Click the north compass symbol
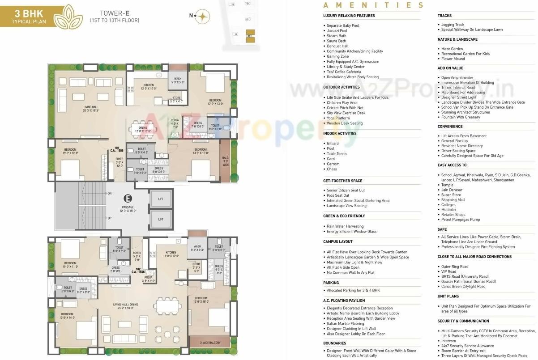(203, 16)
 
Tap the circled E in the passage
(128, 199)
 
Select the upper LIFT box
(161, 199)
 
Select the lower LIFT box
(161, 219)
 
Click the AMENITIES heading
(373, 5)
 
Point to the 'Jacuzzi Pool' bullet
(337, 31)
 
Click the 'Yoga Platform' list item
(339, 118)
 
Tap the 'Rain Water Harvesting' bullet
(345, 226)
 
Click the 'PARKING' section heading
(331, 283)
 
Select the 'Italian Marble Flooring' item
(345, 323)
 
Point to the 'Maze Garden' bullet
(452, 49)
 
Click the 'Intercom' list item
(448, 341)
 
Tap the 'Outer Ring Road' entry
(455, 267)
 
